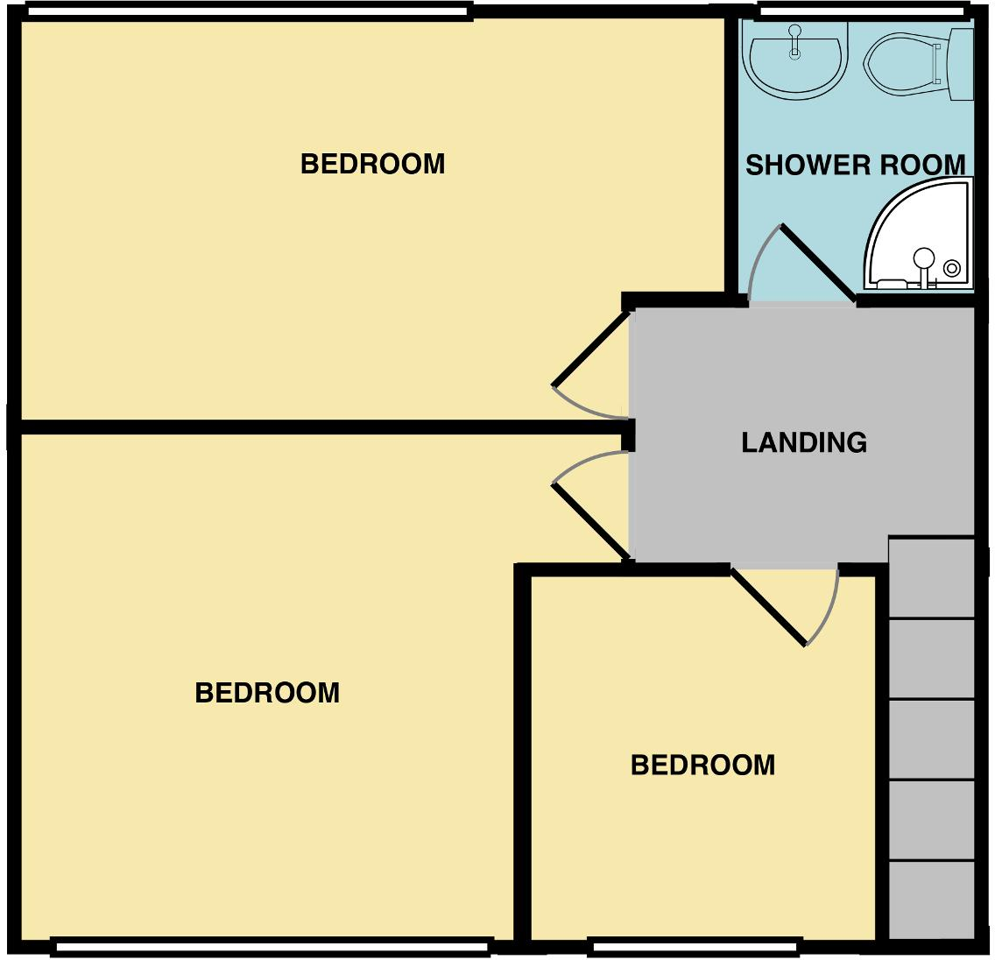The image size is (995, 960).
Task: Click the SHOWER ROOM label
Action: coord(855,165)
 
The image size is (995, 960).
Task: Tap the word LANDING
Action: coord(804,442)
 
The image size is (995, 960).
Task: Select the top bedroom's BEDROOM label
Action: coord(372,164)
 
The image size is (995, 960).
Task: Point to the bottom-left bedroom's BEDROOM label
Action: coord(267,693)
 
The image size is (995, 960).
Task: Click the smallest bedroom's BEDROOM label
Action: coord(702,765)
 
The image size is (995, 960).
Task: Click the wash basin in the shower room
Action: coord(794,60)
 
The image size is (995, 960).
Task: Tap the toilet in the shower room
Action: coord(915,63)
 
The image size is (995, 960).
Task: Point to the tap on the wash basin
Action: coord(794,39)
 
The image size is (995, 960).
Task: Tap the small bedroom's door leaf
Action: coord(768,607)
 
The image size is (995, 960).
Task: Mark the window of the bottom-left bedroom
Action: coord(271,947)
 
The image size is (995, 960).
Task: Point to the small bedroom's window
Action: coord(695,947)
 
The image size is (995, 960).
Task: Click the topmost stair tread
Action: coord(932,578)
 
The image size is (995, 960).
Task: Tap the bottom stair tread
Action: coord(932,900)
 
